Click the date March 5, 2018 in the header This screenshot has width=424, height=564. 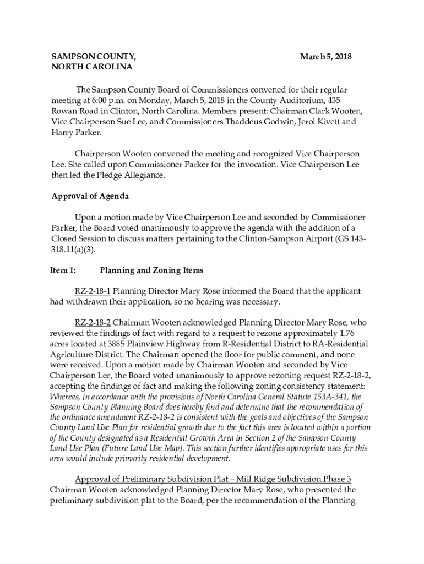tap(325, 57)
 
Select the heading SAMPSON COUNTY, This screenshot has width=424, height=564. tap(94, 57)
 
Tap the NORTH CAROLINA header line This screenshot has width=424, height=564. tap(92, 67)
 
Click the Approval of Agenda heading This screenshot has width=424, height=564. tap(90, 197)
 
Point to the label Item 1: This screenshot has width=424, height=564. tap(64, 270)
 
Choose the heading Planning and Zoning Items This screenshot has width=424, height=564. tap(151, 270)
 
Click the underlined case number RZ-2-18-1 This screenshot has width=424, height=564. tap(93, 291)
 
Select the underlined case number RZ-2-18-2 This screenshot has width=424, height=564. tap(93, 322)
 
